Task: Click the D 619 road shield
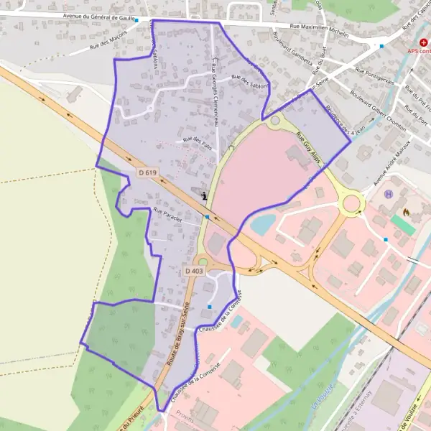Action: coord(147,173)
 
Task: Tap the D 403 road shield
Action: coord(195,271)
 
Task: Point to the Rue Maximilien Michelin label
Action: coord(319,30)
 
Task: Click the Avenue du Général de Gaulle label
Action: coord(108,17)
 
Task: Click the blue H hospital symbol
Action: coord(389,194)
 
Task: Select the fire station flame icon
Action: coord(407,213)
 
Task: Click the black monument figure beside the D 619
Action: coord(205,195)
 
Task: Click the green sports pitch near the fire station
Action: coord(403,225)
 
